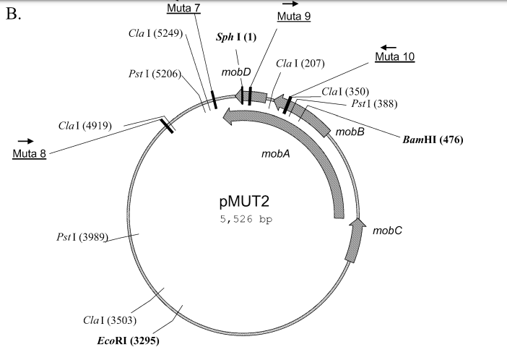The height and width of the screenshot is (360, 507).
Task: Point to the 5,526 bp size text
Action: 243,217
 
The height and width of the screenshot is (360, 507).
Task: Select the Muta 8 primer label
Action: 30,154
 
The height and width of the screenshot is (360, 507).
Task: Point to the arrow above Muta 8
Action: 26,141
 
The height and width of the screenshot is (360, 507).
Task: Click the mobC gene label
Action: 387,231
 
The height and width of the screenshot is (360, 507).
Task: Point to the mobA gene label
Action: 275,154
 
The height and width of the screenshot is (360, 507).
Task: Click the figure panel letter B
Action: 14,14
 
